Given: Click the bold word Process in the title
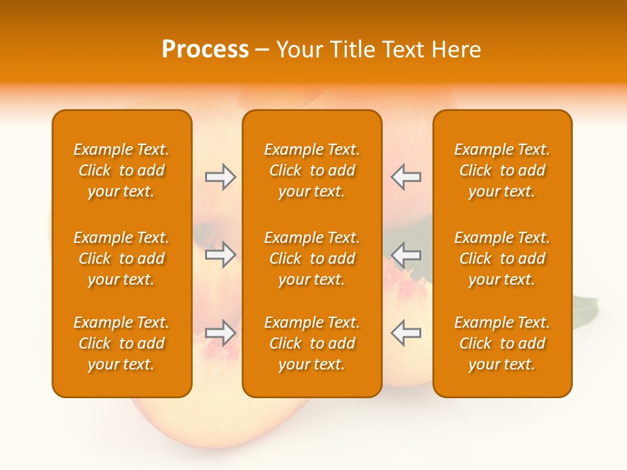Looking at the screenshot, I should pyautogui.click(x=205, y=50).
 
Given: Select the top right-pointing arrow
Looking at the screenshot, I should pyautogui.click(x=220, y=177).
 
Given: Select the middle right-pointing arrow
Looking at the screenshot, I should pyautogui.click(x=220, y=255).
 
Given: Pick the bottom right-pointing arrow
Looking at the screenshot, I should pyautogui.click(x=220, y=332).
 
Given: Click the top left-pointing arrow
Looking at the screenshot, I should pyautogui.click(x=406, y=177).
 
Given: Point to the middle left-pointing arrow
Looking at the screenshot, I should pyautogui.click(x=406, y=255).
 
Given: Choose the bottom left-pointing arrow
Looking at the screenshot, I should pyautogui.click(x=406, y=332).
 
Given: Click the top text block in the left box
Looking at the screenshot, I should pyautogui.click(x=121, y=170).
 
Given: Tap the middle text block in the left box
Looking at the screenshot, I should pyautogui.click(x=121, y=258).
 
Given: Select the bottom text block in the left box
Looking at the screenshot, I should pyautogui.click(x=121, y=343).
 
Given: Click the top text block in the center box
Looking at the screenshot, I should pyautogui.click(x=312, y=170).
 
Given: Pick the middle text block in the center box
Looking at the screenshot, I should pyautogui.click(x=312, y=258).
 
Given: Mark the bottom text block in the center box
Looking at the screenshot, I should pyautogui.click(x=312, y=343).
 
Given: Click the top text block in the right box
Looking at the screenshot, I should pyautogui.click(x=502, y=170).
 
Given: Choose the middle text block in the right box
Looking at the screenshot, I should pyautogui.click(x=502, y=258).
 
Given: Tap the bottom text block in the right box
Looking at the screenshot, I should pyautogui.click(x=502, y=343).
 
